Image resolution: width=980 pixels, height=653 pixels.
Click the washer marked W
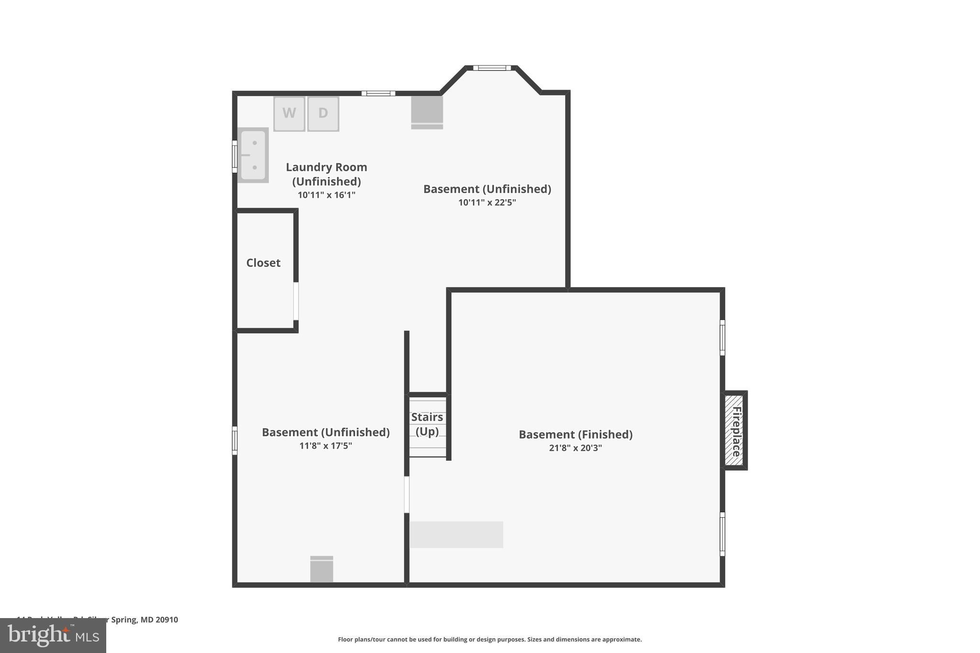[x=289, y=113]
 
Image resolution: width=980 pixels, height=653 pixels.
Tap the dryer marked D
[x=323, y=113]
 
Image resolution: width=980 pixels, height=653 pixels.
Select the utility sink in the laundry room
[x=253, y=155]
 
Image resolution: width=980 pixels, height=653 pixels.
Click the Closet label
[x=263, y=263]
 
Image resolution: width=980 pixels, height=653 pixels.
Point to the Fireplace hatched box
[x=734, y=430]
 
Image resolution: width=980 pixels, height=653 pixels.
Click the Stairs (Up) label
[x=427, y=424]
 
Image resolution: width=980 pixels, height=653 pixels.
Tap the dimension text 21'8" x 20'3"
[x=575, y=448]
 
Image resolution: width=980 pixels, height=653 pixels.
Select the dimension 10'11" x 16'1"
[x=326, y=195]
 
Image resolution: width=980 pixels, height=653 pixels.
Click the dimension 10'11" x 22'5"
[x=487, y=202]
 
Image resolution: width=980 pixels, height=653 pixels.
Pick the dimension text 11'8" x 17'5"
[x=325, y=446]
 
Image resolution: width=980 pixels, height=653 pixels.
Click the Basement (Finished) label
[x=575, y=434]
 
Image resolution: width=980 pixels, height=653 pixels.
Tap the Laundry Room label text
[x=326, y=174]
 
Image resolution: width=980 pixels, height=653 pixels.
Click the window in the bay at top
[x=492, y=68]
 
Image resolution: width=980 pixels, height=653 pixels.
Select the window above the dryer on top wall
[x=378, y=93]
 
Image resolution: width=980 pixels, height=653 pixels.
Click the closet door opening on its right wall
[x=296, y=301]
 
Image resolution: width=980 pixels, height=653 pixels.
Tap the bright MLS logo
[x=53, y=635]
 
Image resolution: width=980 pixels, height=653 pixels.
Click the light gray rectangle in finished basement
[x=456, y=534]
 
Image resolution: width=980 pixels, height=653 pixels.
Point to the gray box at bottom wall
[x=322, y=569]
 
